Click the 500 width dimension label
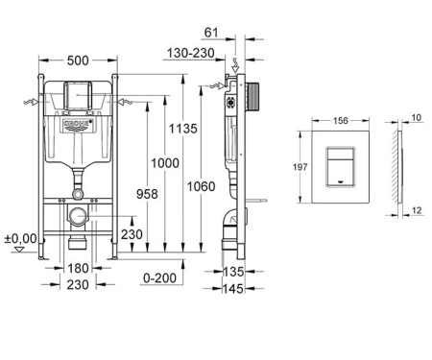click(78, 60)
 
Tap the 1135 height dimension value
click(183, 129)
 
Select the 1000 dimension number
click(165, 163)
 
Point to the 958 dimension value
click(147, 194)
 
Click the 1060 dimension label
click(201, 186)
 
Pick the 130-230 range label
click(191, 53)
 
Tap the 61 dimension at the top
click(211, 33)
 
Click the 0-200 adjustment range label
click(159, 278)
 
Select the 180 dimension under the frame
click(78, 268)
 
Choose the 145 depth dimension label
click(233, 289)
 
